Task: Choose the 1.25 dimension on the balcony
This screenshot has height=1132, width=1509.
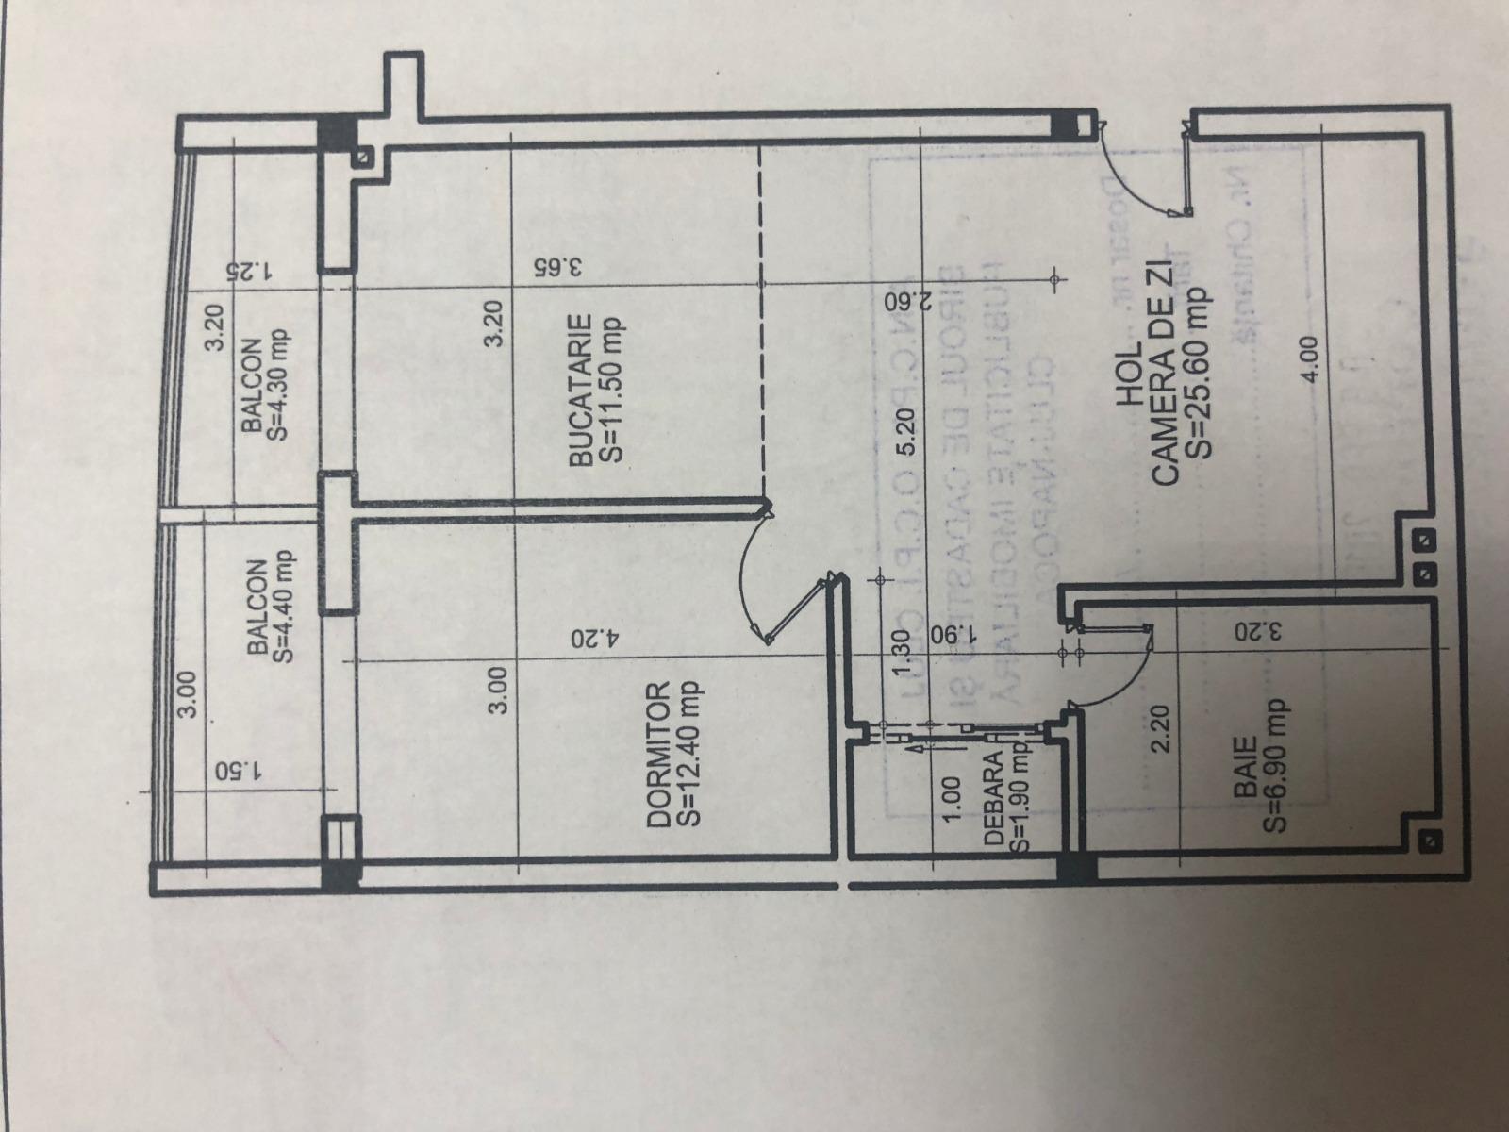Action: click(x=248, y=273)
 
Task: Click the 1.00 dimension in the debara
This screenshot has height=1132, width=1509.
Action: click(x=950, y=798)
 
